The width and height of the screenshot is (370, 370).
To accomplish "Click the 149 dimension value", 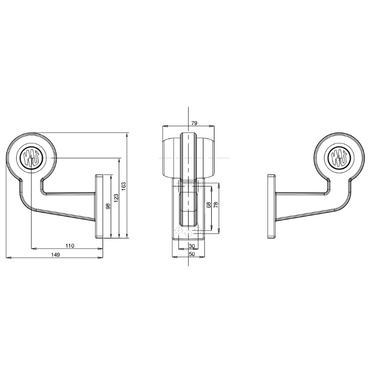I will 55,254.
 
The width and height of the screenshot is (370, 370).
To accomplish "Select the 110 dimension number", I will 70,246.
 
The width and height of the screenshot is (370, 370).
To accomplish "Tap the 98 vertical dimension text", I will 108,206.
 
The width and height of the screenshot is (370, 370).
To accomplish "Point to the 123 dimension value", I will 117,198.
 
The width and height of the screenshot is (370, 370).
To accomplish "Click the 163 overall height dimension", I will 124,185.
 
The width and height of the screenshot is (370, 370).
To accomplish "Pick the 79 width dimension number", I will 194,123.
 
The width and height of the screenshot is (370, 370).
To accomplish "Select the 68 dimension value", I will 209,205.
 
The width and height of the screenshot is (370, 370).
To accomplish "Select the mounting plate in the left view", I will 99,206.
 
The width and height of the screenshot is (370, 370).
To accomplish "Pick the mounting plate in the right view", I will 272,206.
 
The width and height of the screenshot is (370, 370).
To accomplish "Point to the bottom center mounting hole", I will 188,234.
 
